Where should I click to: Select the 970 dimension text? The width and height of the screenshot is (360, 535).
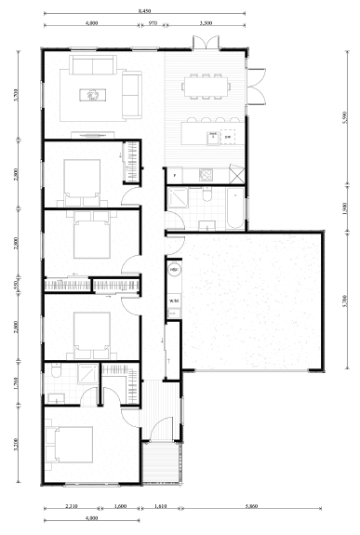coord(152,20)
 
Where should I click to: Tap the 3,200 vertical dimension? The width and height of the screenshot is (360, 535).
coord(16,443)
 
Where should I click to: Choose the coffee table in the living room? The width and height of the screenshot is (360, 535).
coord(93,93)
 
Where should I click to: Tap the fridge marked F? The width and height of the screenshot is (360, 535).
coord(174,174)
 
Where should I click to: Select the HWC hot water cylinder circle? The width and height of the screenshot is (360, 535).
coord(174,271)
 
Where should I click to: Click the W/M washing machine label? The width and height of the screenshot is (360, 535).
coord(174,301)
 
